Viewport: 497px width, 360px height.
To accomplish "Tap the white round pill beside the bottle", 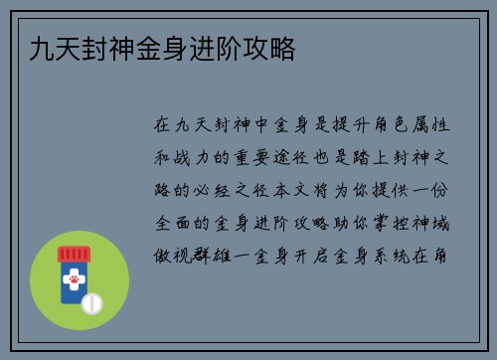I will [x=91, y=301].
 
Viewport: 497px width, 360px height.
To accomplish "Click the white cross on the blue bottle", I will [x=73, y=275].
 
